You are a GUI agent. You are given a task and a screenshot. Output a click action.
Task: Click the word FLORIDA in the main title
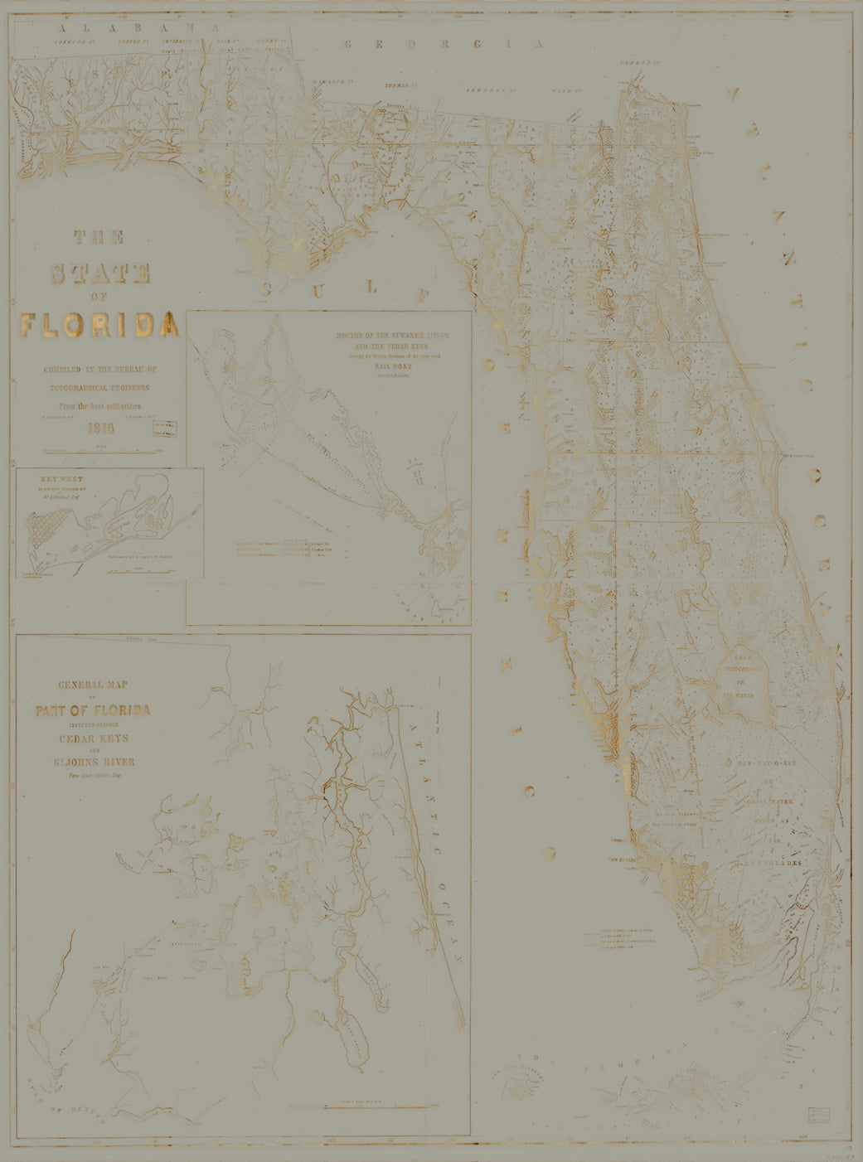pos(99,325)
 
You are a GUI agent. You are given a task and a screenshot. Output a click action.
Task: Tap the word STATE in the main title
pos(99,273)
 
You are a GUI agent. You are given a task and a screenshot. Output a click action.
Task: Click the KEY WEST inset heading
pos(62,478)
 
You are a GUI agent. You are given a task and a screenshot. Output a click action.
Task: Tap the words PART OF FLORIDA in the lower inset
pos(93,710)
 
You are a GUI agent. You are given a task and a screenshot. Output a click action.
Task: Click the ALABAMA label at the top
pos(130,28)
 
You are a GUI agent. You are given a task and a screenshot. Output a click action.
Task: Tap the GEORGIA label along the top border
pos(444,44)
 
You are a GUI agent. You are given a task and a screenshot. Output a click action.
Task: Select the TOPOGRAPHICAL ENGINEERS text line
pos(99,387)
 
